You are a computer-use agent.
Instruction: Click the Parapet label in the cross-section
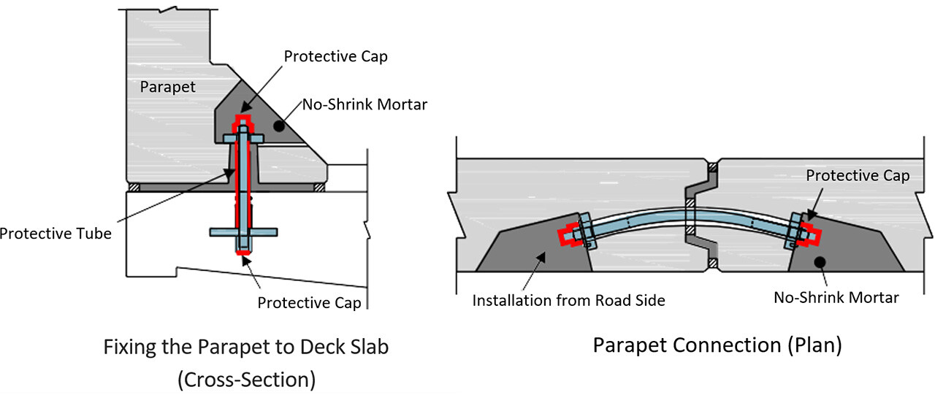click(167, 87)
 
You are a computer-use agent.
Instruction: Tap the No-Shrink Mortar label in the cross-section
click(365, 104)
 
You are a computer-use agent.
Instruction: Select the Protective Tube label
click(56, 234)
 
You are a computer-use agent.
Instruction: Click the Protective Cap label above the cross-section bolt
click(335, 56)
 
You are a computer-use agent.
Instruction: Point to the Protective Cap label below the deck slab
click(309, 303)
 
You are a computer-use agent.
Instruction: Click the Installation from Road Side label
click(568, 300)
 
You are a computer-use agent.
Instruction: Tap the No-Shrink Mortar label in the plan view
click(836, 297)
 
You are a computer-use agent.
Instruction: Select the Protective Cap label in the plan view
click(858, 176)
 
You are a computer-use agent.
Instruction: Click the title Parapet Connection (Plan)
click(717, 345)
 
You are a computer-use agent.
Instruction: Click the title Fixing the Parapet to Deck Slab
click(246, 347)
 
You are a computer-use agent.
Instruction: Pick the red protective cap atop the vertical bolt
click(243, 122)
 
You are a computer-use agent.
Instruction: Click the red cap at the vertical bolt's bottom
click(243, 252)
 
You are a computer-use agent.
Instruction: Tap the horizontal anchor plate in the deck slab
click(243, 232)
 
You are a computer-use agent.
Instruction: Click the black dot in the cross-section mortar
click(279, 126)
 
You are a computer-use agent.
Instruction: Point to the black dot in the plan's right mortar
click(820, 262)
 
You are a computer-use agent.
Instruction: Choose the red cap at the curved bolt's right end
click(811, 234)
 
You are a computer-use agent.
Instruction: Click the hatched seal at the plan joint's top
click(713, 168)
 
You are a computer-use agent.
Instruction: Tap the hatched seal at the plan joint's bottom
click(713, 263)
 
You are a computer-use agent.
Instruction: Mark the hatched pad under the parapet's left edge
click(134, 188)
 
